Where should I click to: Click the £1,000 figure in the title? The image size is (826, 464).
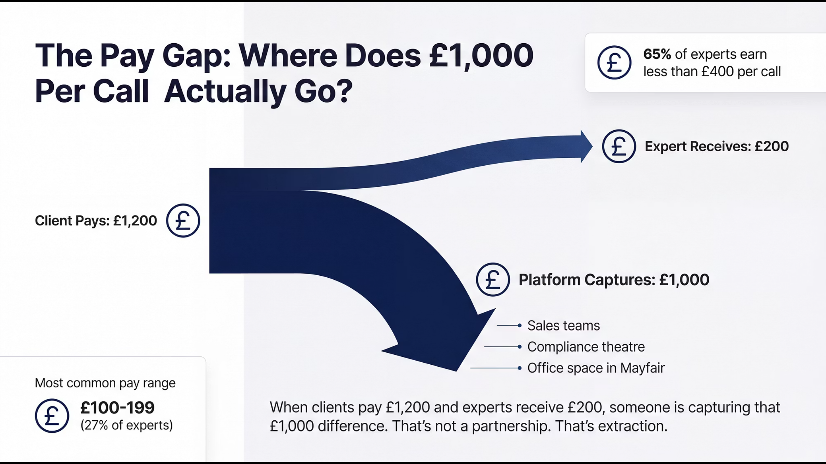click(481, 56)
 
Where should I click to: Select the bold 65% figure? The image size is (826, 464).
click(657, 54)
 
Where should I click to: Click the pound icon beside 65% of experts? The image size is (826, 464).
click(614, 63)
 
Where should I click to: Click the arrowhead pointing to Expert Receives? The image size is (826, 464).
click(586, 146)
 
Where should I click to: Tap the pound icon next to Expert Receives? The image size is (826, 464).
click(619, 146)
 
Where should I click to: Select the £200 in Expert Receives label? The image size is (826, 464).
click(772, 146)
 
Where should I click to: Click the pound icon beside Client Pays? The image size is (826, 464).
click(183, 220)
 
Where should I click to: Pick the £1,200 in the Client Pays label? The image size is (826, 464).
click(135, 221)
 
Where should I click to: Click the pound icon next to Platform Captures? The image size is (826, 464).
click(493, 279)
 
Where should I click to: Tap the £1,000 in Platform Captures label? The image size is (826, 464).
click(684, 280)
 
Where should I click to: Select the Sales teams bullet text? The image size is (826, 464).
click(564, 325)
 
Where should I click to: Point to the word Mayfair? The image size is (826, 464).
click(643, 368)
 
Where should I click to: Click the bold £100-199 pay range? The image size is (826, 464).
click(117, 408)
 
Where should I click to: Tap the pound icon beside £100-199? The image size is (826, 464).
click(52, 416)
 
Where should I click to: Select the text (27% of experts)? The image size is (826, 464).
click(127, 426)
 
